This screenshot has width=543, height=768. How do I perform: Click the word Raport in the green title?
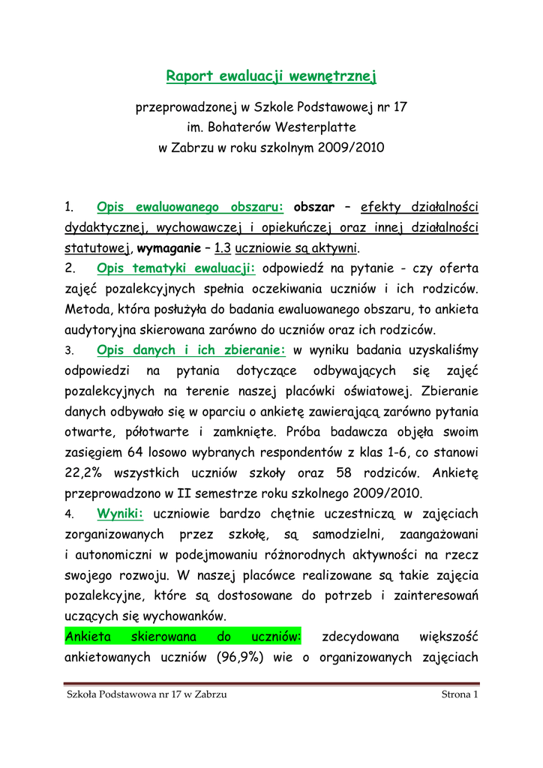click(190, 76)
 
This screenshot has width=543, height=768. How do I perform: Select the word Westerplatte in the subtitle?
click(316, 127)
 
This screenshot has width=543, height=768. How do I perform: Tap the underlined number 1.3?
click(222, 248)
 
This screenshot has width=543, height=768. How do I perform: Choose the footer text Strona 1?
click(460, 694)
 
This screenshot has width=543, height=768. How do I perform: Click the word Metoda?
click(87, 310)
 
